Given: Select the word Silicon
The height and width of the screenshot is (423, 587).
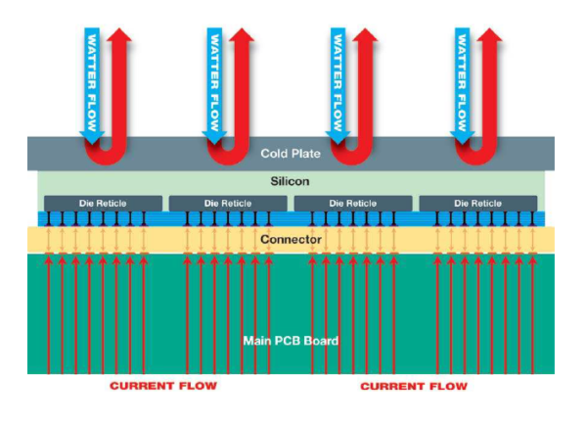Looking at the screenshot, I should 291,182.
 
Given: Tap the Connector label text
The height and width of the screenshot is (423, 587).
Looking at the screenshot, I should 291,239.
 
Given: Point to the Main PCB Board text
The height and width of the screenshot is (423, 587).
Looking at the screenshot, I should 291,341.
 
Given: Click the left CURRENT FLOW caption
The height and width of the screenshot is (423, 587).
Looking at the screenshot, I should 163,387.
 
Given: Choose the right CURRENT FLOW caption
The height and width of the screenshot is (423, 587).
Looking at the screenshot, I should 414,387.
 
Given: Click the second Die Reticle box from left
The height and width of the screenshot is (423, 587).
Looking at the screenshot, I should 228,204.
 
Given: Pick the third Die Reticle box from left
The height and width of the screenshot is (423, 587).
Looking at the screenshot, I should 353,204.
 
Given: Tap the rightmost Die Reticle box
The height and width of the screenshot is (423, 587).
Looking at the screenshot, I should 478,204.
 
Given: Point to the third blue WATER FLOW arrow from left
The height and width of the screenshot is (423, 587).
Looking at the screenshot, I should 339,83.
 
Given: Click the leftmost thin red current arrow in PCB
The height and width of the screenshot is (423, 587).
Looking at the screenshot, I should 48,313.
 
